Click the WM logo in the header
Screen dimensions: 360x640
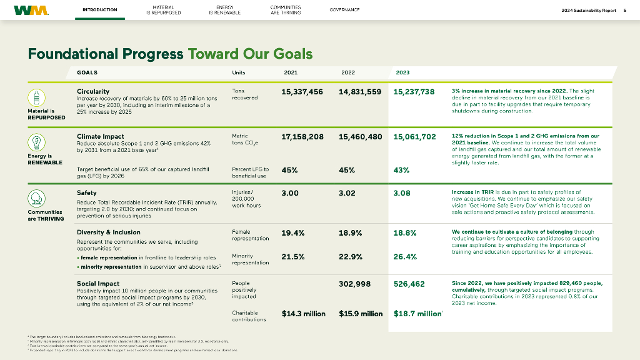pyautogui.click(x=31, y=10)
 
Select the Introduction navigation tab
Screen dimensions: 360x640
pyautogui.click(x=99, y=10)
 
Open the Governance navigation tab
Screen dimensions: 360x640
pyautogui.click(x=344, y=10)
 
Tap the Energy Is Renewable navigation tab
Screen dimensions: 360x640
pyautogui.click(x=224, y=10)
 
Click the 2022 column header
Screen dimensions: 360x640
pyautogui.click(x=348, y=72)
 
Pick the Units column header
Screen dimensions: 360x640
pyautogui.click(x=238, y=72)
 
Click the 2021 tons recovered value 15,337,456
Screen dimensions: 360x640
pyautogui.click(x=302, y=92)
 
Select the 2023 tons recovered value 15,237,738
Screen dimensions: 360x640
pyautogui.click(x=414, y=92)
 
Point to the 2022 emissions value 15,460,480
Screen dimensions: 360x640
pyautogui.click(x=360, y=136)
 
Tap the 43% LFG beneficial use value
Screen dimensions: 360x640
pyautogui.click(x=402, y=170)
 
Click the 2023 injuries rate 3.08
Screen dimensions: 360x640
pyautogui.click(x=402, y=193)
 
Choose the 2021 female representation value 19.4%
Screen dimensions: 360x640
pyautogui.click(x=293, y=233)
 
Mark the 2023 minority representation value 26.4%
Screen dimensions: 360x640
pyautogui.click(x=405, y=256)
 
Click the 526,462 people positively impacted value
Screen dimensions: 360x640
pyautogui.click(x=409, y=284)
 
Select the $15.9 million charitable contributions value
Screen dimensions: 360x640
pyautogui.click(x=361, y=314)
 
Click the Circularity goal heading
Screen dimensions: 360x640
pyautogui.click(x=92, y=91)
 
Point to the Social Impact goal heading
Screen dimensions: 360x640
pyautogui.click(x=97, y=283)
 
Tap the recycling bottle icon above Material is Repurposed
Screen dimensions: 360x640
pyautogui.click(x=37, y=97)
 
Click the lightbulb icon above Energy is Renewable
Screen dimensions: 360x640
pyautogui.click(x=37, y=142)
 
